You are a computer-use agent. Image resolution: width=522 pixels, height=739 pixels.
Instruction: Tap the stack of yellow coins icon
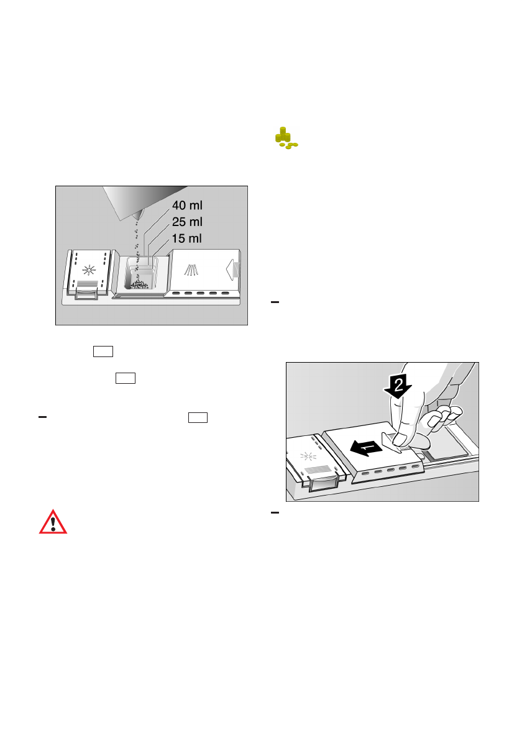tap(286, 138)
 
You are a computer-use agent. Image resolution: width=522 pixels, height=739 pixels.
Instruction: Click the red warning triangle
tap(53, 522)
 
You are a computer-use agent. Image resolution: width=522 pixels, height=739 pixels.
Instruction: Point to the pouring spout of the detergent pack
tap(139, 212)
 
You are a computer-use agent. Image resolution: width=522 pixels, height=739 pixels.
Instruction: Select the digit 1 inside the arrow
tap(367, 447)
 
